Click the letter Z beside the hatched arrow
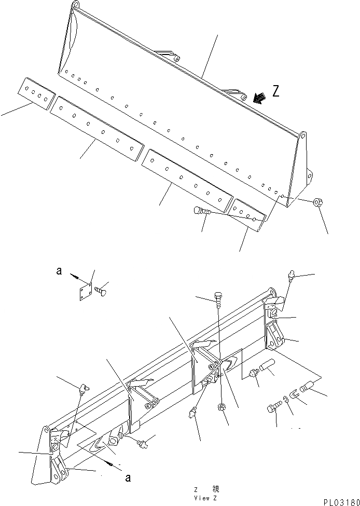tap(276, 92)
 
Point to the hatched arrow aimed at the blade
tap(259, 98)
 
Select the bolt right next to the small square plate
tap(102, 290)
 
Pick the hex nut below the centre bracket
tap(220, 405)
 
